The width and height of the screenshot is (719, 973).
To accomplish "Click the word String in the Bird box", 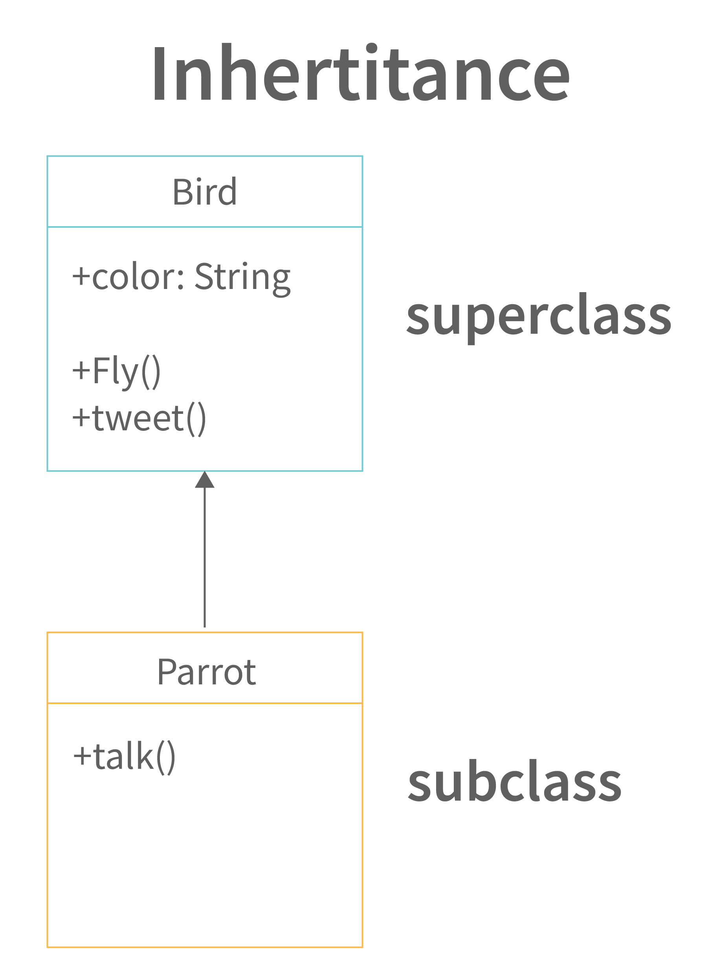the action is point(242,278).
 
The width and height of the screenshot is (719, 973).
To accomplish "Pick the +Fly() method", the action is point(116,372).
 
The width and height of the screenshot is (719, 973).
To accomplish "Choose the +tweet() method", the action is point(139,419).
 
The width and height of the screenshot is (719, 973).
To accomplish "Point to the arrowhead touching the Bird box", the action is point(205,480).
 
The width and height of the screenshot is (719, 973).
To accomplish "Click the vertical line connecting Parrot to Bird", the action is point(205,558).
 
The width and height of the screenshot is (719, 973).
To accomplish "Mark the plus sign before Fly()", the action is point(81,371).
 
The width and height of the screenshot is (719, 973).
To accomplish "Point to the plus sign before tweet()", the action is point(81,417).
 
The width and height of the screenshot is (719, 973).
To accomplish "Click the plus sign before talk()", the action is point(82,756).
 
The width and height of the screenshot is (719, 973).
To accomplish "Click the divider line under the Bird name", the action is point(205,227).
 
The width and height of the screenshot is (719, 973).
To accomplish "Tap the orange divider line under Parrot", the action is point(205,703).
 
